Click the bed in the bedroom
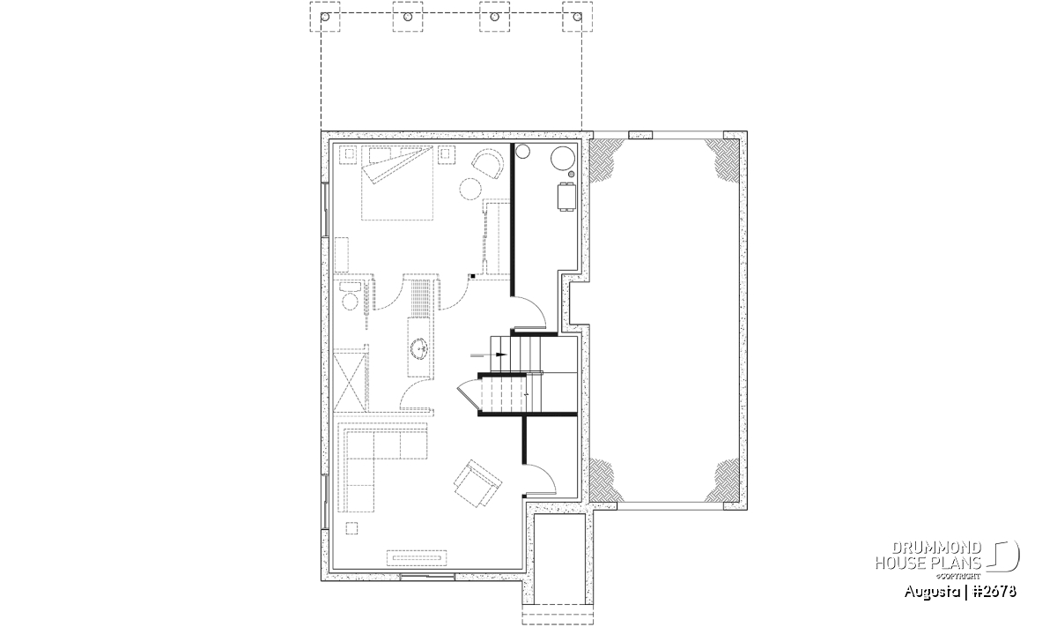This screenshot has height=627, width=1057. click(397, 183)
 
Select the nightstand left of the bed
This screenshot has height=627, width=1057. click(348, 154)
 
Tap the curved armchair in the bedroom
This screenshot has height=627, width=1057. click(487, 163)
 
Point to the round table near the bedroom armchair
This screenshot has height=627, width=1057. click(470, 189)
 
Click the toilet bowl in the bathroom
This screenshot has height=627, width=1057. click(350, 301)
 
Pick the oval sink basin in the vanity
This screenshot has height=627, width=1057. click(89, 349)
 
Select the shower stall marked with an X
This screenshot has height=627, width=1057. click(350, 381)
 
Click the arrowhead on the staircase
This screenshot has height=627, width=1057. click(501, 355)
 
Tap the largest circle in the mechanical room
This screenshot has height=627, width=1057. click(562, 158)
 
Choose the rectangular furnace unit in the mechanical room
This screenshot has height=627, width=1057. click(566, 197)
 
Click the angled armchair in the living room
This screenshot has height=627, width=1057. click(477, 483)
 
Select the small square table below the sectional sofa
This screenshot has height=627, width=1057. click(351, 527)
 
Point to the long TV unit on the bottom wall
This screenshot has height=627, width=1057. click(417, 557)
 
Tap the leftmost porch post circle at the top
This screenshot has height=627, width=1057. click(325, 17)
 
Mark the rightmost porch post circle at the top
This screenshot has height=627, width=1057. click(577, 17)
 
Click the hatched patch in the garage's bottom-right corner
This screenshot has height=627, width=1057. click(722, 481)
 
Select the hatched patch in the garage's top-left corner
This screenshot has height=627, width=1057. click(606, 160)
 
